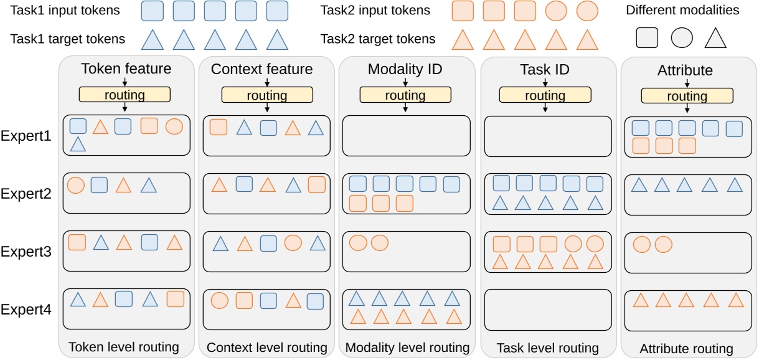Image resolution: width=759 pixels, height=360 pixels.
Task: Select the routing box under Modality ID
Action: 405,95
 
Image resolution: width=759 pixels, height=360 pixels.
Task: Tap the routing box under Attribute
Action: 687,96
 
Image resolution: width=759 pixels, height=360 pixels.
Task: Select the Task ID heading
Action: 545,70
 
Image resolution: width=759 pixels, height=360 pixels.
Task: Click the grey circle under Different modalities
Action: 682,38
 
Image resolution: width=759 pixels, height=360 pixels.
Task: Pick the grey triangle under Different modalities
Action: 715,39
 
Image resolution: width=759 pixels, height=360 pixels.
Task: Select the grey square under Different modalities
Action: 648,38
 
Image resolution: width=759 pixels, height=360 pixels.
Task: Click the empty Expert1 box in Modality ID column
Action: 405,135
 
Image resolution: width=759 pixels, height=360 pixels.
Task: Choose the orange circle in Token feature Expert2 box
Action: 75,185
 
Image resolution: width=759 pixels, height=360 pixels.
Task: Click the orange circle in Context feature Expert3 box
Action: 292,243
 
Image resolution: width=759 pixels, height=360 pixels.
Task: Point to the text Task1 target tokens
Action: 67,39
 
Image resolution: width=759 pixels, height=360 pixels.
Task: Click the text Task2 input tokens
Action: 375,11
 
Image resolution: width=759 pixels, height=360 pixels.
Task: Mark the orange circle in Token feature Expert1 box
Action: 174,126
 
